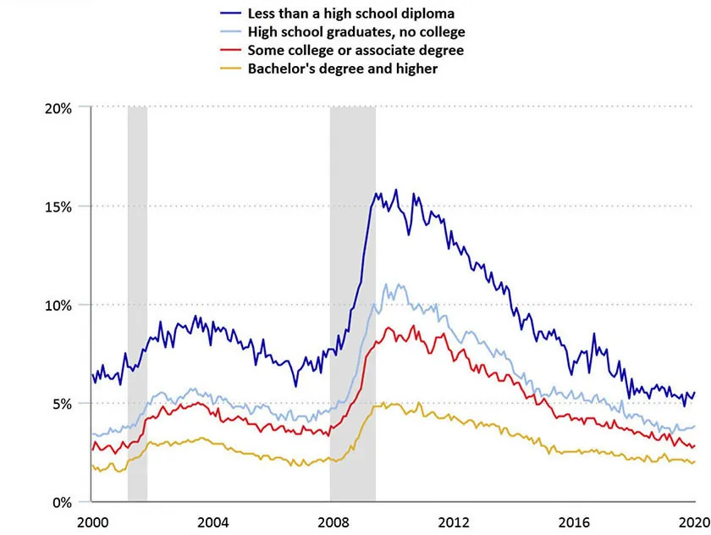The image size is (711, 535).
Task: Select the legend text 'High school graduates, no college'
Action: point(355,32)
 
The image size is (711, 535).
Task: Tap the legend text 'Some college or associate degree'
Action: point(355,50)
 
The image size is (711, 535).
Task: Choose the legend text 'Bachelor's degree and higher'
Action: point(342,68)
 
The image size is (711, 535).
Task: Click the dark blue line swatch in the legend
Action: point(230,14)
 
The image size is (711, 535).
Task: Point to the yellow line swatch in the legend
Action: point(230,68)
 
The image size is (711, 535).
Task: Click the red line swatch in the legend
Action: point(230,50)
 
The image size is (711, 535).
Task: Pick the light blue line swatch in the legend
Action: point(230,32)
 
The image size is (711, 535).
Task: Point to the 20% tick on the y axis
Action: point(58,108)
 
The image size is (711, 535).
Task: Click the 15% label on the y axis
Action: point(58,207)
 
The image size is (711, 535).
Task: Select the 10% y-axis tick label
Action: point(58,305)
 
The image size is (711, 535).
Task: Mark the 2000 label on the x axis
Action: point(92,521)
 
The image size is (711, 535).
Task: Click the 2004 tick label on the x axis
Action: point(213,521)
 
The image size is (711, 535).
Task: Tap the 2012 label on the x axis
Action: point(454,521)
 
